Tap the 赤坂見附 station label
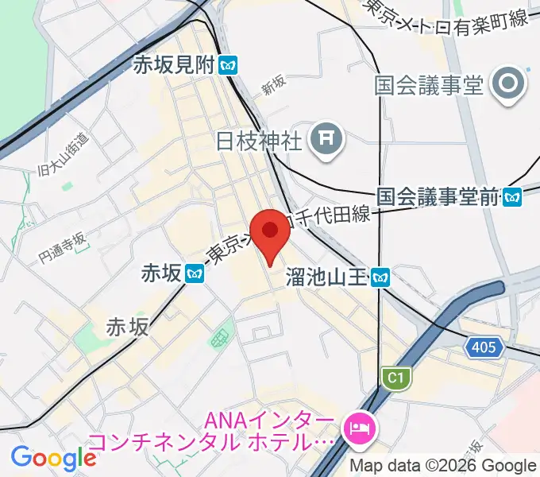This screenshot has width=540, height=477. [x=173, y=66]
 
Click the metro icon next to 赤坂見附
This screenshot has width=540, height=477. [x=229, y=66]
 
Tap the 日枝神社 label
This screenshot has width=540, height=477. [x=259, y=141]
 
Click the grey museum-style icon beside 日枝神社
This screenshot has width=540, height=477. [x=326, y=142]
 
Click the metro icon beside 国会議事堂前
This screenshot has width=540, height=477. [x=513, y=196]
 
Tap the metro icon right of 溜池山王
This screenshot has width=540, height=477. [x=384, y=277]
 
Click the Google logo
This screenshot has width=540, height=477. [x=54, y=458]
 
